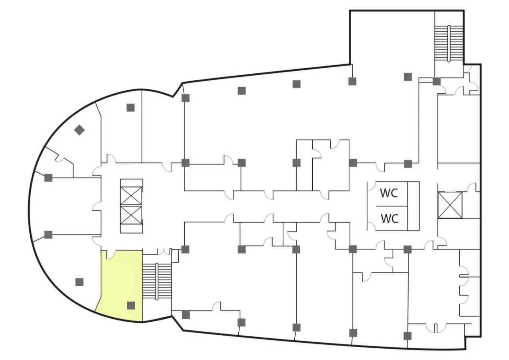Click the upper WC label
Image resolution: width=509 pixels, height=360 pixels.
tap(389, 193)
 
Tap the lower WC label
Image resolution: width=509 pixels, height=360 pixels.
tap(389, 218)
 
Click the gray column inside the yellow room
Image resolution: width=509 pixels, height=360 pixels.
tap(131, 306)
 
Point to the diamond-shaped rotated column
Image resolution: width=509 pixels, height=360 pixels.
tap(79, 130)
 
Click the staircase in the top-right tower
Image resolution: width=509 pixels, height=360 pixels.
tap(449, 43)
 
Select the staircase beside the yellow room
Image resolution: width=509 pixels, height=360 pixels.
tap(157, 281)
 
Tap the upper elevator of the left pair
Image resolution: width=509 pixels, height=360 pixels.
tap(131, 196)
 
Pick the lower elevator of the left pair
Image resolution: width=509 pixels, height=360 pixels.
tap(131, 215)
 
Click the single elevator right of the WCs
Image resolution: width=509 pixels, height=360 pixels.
tap(450, 205)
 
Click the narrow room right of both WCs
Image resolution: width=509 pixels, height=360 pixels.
tap(413, 206)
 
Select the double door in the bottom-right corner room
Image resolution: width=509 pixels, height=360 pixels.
tap(435, 328)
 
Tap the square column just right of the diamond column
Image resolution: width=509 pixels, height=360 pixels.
tap(130, 108)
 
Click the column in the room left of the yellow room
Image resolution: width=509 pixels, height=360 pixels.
tap(79, 282)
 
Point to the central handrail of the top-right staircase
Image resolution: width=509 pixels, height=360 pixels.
tap(449, 43)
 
